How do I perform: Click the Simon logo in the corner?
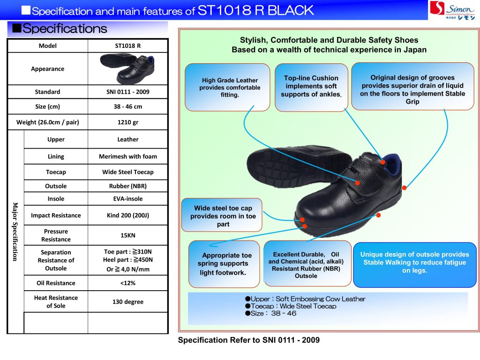click(x=453, y=10)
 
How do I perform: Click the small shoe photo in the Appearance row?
click(x=127, y=68)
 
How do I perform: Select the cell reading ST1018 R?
click(x=127, y=46)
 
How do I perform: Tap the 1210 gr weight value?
click(x=127, y=122)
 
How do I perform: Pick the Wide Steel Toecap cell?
click(x=127, y=172)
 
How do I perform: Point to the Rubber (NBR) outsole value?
click(x=127, y=186)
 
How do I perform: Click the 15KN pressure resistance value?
click(x=127, y=235)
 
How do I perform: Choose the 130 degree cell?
click(x=127, y=301)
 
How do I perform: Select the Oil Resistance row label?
click(x=56, y=283)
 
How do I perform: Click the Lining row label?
click(x=56, y=157)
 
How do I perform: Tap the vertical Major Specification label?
click(x=15, y=232)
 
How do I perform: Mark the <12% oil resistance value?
click(x=127, y=283)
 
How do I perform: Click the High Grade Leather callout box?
click(x=227, y=87)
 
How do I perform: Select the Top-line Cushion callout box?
click(x=311, y=87)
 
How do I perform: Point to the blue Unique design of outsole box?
click(x=414, y=263)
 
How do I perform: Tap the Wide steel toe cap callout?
click(x=223, y=216)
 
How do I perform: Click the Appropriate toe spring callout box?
click(x=224, y=263)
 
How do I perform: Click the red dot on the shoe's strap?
click(x=357, y=183)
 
